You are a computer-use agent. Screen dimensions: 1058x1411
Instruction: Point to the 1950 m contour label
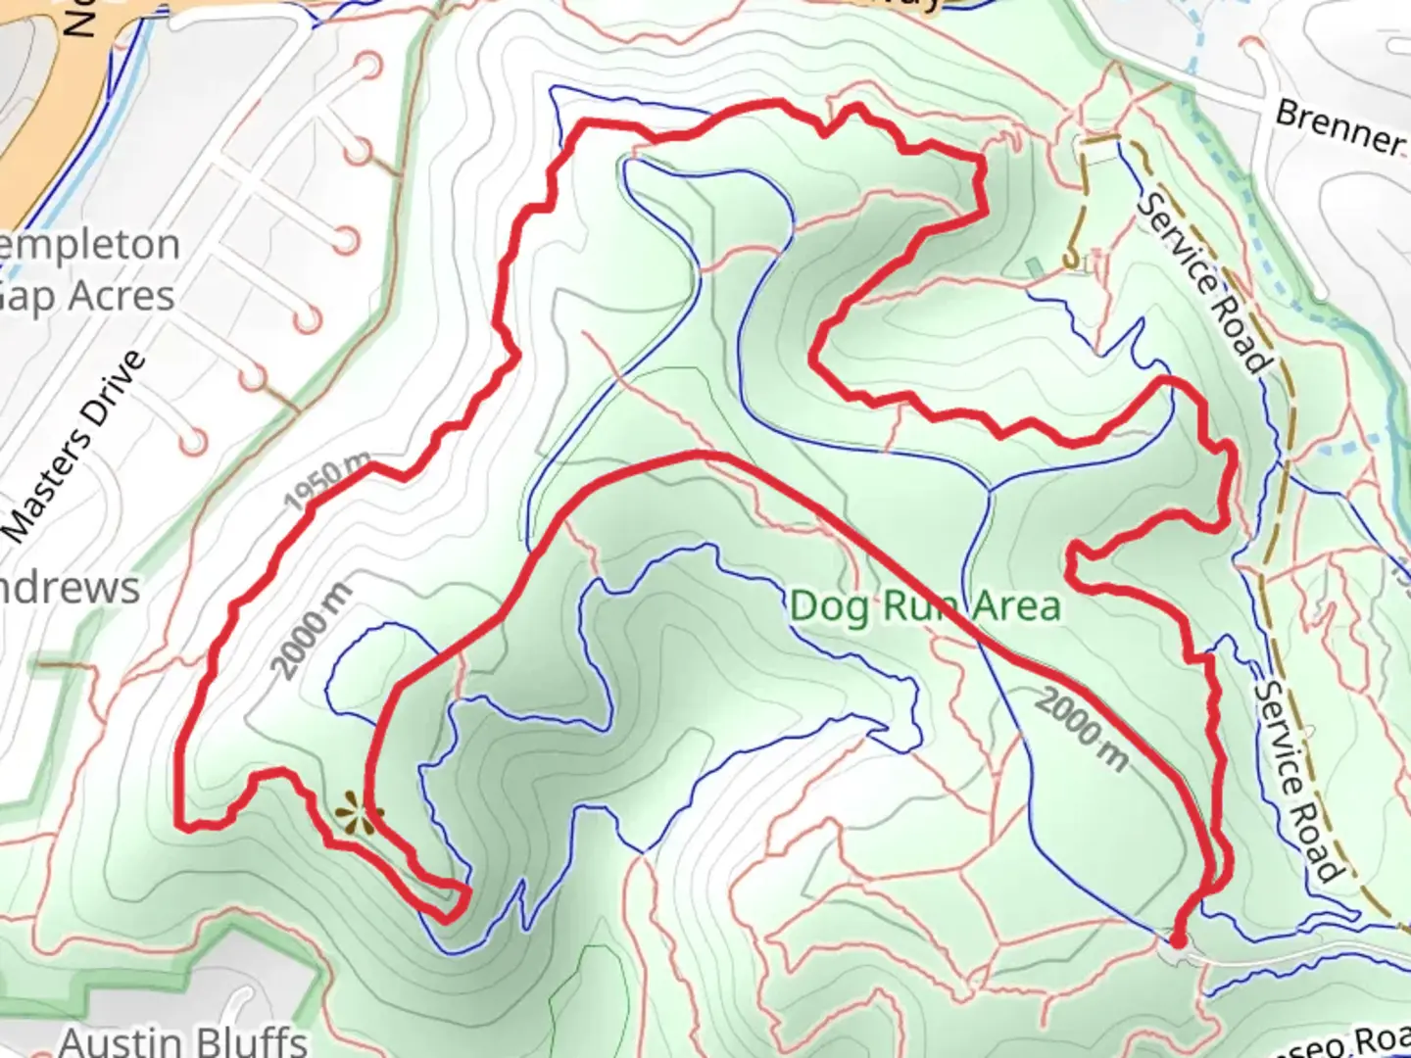tap(327, 482)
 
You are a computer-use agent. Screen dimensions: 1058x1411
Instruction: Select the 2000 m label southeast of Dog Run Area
tap(1082, 728)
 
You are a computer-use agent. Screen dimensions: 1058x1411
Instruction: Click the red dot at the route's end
tap(1178, 941)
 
